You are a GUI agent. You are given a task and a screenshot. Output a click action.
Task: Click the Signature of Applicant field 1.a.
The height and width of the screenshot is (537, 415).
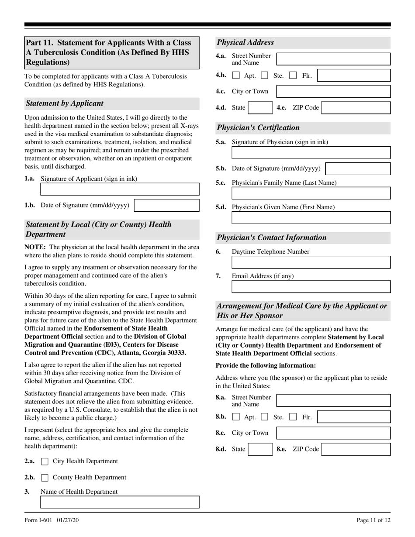(x=120, y=189)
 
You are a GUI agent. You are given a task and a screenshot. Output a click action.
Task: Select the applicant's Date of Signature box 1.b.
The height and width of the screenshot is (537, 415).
(x=166, y=205)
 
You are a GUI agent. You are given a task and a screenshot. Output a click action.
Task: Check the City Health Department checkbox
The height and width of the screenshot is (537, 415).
(x=45, y=461)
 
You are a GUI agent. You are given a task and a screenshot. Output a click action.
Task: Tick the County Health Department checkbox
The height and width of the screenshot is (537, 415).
(x=45, y=478)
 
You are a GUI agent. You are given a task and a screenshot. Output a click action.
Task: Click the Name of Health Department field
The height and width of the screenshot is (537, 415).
(x=120, y=502)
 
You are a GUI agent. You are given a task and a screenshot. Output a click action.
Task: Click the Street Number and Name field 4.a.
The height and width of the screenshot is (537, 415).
(x=334, y=59)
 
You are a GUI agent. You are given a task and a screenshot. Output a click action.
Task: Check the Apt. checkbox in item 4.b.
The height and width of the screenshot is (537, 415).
(x=236, y=76)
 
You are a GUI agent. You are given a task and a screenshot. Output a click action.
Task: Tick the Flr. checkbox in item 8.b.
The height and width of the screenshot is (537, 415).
(x=293, y=417)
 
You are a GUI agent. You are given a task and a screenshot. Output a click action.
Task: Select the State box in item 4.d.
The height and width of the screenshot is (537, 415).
(x=260, y=108)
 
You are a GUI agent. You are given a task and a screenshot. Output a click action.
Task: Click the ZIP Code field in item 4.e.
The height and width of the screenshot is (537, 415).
(x=356, y=108)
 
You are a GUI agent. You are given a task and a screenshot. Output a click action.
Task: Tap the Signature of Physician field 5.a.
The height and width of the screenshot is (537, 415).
(x=311, y=152)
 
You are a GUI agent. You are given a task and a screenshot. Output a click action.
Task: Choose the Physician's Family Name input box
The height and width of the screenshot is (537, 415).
(x=311, y=193)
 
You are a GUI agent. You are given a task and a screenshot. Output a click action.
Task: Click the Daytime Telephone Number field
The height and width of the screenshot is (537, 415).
(x=311, y=262)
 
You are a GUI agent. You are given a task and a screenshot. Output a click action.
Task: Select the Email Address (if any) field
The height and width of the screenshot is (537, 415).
(x=311, y=286)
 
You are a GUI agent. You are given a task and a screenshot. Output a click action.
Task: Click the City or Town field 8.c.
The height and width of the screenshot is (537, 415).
(x=334, y=433)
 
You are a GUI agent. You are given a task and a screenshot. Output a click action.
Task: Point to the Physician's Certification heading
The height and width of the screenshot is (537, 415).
(x=258, y=128)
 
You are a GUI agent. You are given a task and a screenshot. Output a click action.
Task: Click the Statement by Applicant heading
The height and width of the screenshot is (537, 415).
(x=65, y=103)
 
